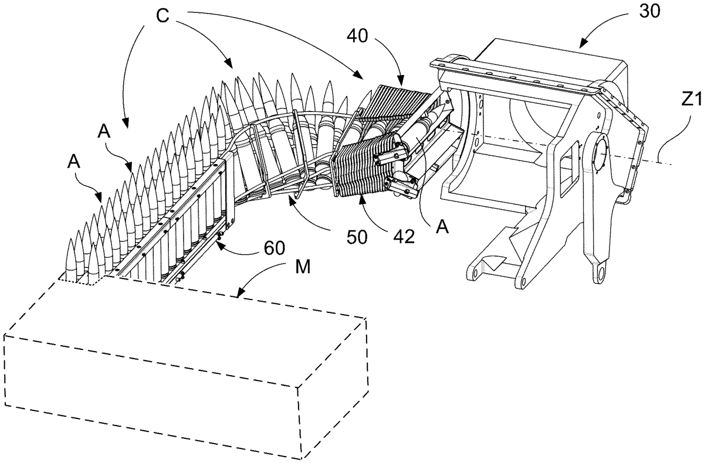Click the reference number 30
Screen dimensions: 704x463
[x=649, y=11]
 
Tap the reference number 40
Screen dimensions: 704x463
[x=358, y=36]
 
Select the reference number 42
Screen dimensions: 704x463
[x=404, y=237]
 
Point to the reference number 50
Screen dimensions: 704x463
[x=357, y=237]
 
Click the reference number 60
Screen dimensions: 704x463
[x=274, y=248]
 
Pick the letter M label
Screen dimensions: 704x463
[x=303, y=267]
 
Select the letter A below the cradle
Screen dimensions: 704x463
[x=442, y=227]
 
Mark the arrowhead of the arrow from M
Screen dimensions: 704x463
[x=238, y=295]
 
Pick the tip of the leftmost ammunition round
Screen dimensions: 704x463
[x=71, y=239]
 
